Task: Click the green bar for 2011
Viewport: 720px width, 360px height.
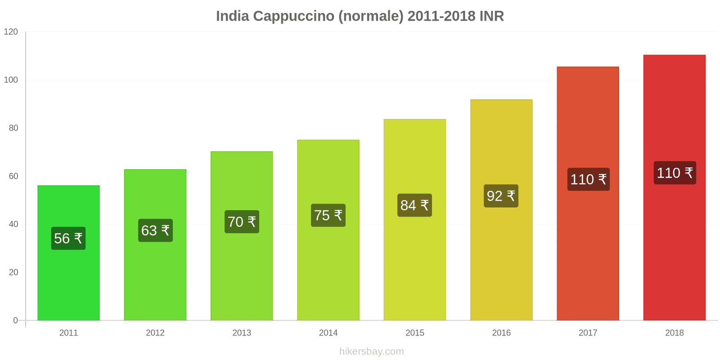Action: point(68,279)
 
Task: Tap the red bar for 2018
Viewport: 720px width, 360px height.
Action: point(674,247)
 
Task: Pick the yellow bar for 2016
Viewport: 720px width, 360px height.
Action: point(501,261)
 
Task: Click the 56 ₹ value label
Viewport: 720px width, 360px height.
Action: point(68,238)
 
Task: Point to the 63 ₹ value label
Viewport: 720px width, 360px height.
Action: point(155,230)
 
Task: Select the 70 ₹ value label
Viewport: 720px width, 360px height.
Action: point(242,222)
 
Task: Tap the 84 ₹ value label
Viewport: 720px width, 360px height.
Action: point(414,205)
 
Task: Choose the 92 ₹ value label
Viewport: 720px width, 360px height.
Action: point(501,196)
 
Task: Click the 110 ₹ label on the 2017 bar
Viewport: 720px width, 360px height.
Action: point(588,180)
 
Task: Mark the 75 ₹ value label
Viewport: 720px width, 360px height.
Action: point(328,215)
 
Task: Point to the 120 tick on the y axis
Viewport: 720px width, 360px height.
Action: point(11,32)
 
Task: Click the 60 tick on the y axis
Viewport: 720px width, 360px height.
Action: point(13,176)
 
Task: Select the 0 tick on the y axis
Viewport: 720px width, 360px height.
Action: point(16,320)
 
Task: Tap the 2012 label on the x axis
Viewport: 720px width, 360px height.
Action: point(155,333)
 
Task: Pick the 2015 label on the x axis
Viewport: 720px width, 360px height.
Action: point(414,333)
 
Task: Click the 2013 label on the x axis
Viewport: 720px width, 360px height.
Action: point(242,333)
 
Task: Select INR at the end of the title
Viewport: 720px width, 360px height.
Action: point(491,16)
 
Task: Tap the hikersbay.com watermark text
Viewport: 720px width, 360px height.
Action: point(372,351)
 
